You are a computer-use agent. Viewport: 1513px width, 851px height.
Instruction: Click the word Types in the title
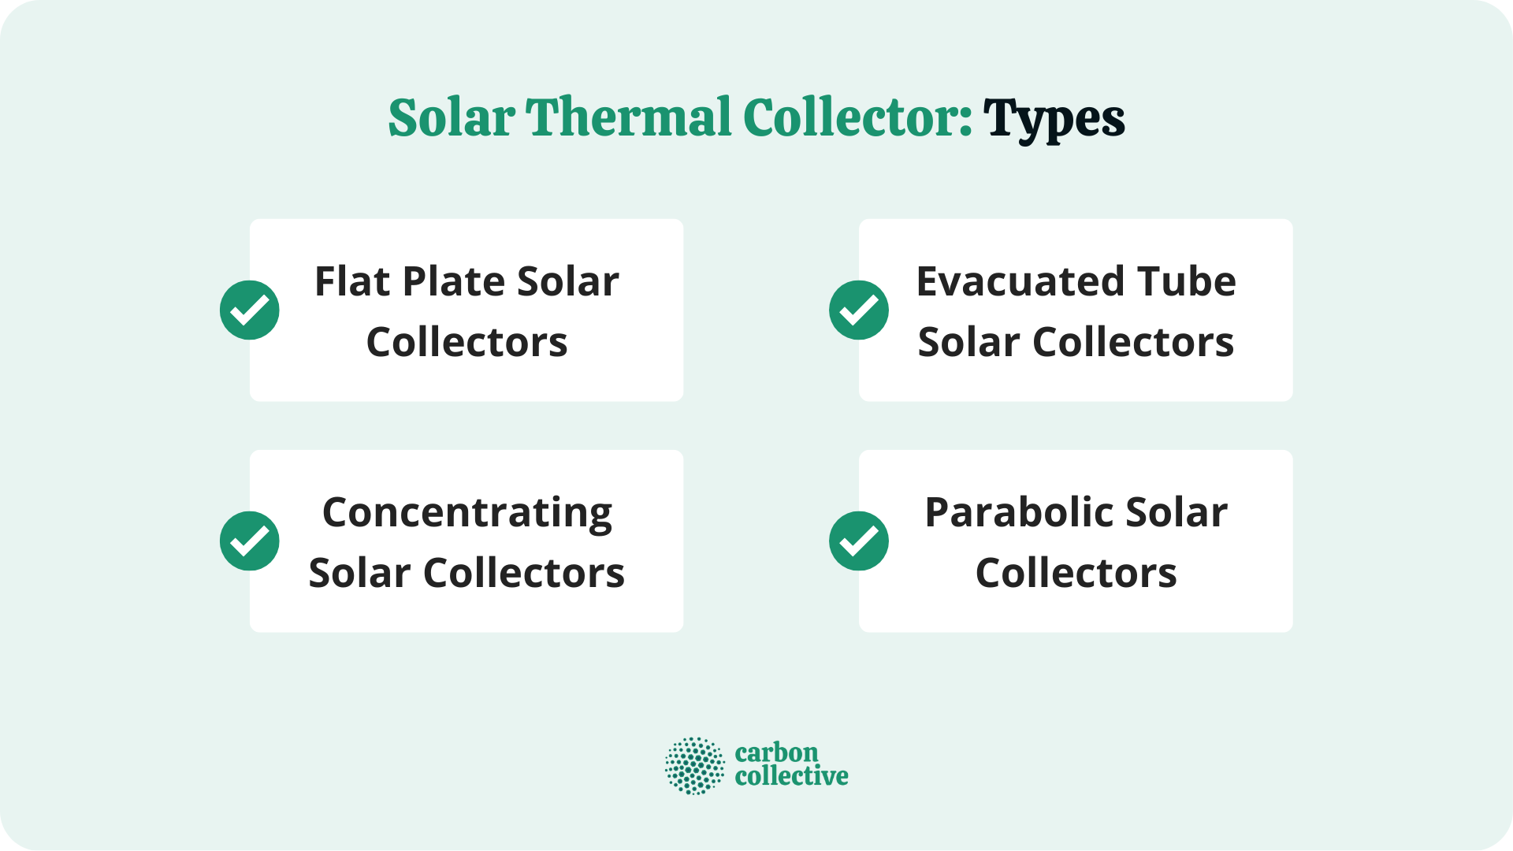(1054, 118)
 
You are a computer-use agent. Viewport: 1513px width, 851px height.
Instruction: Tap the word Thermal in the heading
(629, 118)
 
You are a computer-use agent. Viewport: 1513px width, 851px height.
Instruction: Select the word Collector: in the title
(857, 118)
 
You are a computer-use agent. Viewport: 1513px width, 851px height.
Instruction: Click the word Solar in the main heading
(452, 118)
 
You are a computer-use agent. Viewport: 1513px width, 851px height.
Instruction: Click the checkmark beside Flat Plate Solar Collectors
(250, 310)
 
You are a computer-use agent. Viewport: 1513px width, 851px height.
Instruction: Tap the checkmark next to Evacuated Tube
(859, 310)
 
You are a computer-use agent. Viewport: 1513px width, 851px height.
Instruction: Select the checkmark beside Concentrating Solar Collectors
(250, 541)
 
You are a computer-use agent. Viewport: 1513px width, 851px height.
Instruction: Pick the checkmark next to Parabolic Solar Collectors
(859, 541)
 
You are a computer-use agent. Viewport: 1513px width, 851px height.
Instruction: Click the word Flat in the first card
(352, 281)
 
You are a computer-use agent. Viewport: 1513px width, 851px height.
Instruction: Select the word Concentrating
(467, 514)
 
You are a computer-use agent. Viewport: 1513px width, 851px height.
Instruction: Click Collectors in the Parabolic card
(1076, 573)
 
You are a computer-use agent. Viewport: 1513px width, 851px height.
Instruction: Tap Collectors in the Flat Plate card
(467, 342)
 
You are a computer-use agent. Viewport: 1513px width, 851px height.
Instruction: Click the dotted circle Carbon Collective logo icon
(694, 765)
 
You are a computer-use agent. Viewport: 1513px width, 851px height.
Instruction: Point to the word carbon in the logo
(776, 753)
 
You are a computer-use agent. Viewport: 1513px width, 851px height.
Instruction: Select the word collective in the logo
(791, 776)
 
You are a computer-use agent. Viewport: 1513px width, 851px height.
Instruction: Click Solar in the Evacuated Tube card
(969, 342)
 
